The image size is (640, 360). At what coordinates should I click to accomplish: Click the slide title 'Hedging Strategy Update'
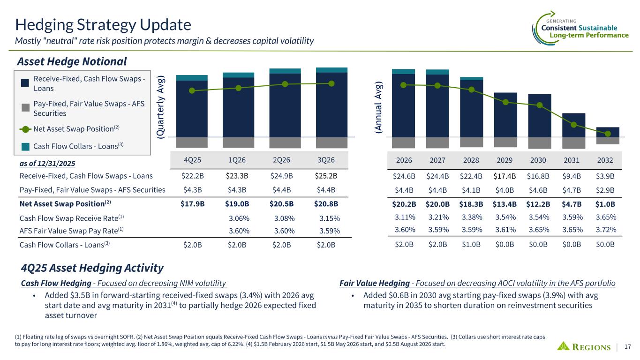click(x=103, y=24)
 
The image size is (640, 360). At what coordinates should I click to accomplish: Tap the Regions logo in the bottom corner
click(x=584, y=347)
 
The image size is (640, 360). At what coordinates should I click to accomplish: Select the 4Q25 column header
click(x=191, y=159)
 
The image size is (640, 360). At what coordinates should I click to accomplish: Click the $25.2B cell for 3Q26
click(x=326, y=176)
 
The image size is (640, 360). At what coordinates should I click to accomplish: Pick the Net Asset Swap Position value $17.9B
click(x=191, y=204)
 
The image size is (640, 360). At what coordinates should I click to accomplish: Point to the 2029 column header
click(x=504, y=160)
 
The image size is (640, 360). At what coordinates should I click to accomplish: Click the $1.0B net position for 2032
click(x=604, y=204)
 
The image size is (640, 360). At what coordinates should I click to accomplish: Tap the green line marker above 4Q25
click(x=191, y=90)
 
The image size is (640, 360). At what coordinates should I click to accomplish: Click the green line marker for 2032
click(x=608, y=134)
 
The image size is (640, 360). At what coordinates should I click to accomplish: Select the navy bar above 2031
click(x=573, y=125)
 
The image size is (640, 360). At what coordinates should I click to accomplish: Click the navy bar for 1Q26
click(x=238, y=107)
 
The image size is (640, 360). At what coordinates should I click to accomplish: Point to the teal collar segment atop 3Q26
click(x=331, y=70)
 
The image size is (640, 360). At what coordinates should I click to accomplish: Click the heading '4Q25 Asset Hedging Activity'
click(x=92, y=268)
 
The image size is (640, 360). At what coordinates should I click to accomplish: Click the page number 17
click(x=628, y=347)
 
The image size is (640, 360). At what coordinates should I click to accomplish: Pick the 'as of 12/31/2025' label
click(x=47, y=163)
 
